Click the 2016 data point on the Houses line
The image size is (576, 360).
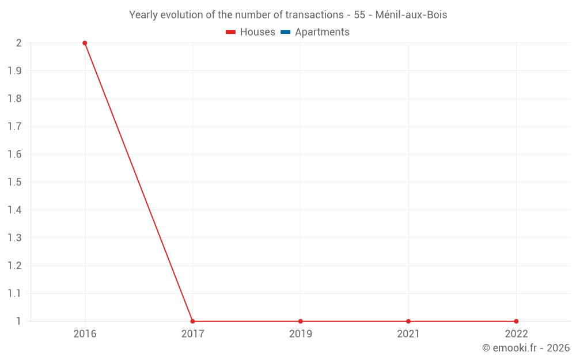(85, 43)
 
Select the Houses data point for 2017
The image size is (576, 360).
(192, 321)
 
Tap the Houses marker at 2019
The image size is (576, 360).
(301, 321)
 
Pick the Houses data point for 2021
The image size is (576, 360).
(408, 321)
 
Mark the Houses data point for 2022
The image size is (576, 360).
(516, 321)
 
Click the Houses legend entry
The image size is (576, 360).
(251, 32)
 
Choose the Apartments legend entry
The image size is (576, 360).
(315, 32)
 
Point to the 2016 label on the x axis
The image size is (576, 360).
(85, 334)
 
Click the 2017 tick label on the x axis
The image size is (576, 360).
(192, 334)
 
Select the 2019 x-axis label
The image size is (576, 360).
(301, 334)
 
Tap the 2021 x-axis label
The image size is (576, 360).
(408, 334)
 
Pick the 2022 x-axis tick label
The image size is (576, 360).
(516, 334)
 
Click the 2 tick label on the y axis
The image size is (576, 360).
(18, 43)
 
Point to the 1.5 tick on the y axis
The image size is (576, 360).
(14, 182)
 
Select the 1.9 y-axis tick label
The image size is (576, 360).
(14, 71)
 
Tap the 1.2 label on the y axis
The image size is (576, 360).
(14, 266)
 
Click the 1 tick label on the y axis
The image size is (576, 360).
(18, 321)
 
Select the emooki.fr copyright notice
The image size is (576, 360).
(526, 348)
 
